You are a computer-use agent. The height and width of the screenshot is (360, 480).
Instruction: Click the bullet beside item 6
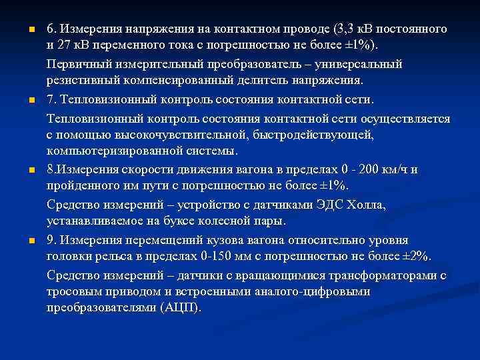23,30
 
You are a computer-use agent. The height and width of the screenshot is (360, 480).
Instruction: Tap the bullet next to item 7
23,100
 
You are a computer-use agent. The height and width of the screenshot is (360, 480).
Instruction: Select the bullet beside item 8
23,170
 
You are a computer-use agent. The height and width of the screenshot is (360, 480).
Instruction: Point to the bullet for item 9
23,240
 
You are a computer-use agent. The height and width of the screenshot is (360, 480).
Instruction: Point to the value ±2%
416,257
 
